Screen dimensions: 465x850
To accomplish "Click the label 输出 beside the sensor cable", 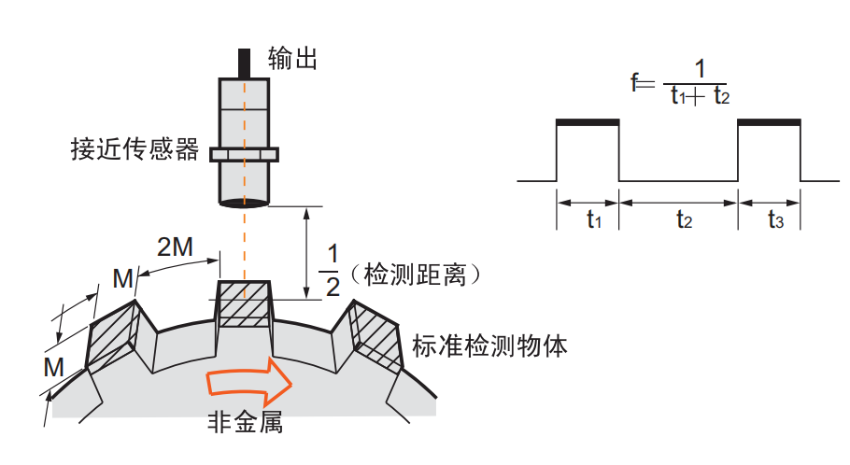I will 293,59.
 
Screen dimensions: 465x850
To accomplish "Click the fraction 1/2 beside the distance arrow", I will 332,271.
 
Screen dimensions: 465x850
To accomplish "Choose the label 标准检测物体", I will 489,346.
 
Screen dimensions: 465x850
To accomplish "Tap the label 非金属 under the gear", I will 245,422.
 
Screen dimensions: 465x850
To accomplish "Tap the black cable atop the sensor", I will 246,63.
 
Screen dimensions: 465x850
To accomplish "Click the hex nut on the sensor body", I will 245,153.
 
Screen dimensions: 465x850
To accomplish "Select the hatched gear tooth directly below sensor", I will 244,303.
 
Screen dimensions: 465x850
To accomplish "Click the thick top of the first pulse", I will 588,121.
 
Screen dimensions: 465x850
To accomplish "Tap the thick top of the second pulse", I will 769,121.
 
